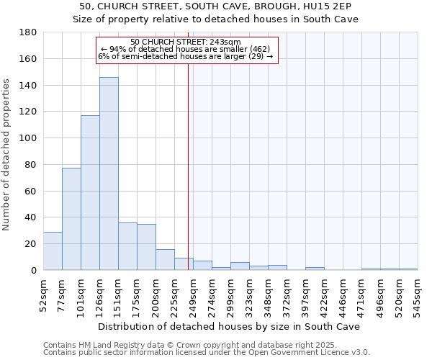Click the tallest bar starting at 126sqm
[109, 174]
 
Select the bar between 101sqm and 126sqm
[90, 193]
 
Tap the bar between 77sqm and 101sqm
[71, 219]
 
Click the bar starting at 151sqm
[127, 246]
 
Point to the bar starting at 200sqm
[165, 260]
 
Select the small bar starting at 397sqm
[315, 269]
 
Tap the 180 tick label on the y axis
[28, 32]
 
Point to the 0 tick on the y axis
[33, 271]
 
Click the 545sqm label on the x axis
[418, 294]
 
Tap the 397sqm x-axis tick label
[305, 294]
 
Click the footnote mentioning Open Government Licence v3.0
[207, 353]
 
